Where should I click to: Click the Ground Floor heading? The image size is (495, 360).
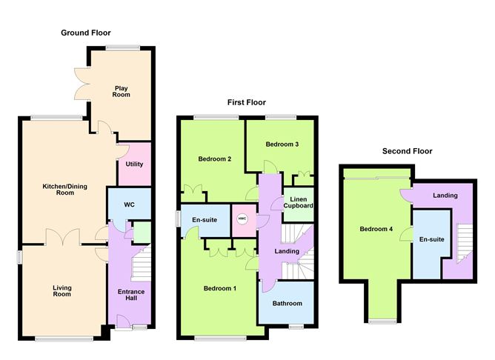pyautogui.click(x=86, y=32)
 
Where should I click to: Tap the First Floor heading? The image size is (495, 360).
pyautogui.click(x=246, y=103)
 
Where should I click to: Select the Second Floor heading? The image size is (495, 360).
pyautogui.click(x=407, y=151)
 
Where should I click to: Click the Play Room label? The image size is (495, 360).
pyautogui.click(x=122, y=91)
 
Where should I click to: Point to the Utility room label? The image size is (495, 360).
pyautogui.click(x=134, y=164)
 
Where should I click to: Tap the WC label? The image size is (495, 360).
pyautogui.click(x=129, y=204)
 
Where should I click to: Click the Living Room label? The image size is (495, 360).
pyautogui.click(x=62, y=290)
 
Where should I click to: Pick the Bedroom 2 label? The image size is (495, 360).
pyautogui.click(x=215, y=159)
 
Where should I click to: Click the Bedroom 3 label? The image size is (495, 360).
pyautogui.click(x=282, y=144)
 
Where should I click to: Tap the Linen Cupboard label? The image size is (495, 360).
pyautogui.click(x=298, y=203)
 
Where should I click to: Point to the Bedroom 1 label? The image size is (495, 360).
pyautogui.click(x=219, y=288)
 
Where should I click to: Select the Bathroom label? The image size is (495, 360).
pyautogui.click(x=288, y=303)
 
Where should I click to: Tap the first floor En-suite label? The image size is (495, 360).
pyautogui.click(x=204, y=219)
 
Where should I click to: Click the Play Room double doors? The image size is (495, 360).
pyautogui.click(x=81, y=84)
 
